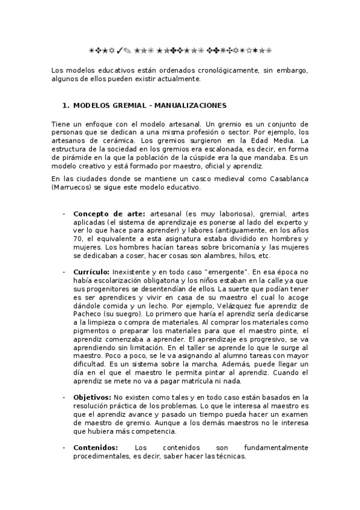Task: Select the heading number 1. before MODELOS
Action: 67,105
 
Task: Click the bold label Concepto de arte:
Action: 109,214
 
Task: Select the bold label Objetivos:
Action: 92,398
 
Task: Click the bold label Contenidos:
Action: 96,447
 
